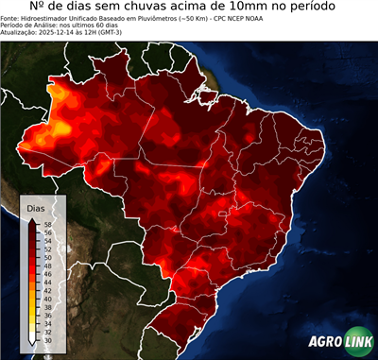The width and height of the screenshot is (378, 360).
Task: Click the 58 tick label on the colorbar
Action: tap(48, 225)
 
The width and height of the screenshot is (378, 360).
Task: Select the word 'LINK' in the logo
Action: tap(357, 342)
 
